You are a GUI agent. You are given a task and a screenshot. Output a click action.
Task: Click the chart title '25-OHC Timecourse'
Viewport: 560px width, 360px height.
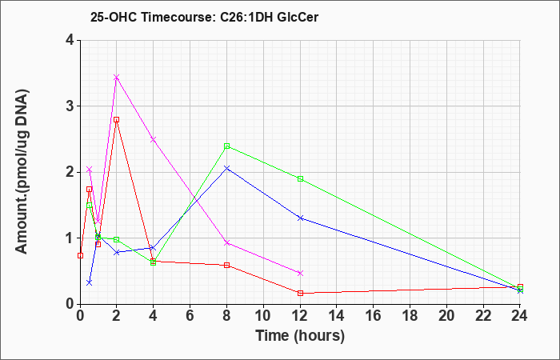tap(150, 17)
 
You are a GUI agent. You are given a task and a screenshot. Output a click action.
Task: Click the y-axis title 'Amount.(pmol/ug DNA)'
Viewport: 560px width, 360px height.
tap(22, 171)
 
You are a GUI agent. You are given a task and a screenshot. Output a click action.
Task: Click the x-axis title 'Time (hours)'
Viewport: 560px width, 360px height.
tap(300, 336)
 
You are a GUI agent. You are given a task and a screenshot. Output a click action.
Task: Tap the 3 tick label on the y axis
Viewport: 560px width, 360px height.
tap(70, 106)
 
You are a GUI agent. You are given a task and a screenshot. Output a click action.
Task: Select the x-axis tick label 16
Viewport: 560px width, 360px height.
tap(374, 315)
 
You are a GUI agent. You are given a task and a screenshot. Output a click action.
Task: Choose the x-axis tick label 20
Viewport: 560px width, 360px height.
tap(446, 315)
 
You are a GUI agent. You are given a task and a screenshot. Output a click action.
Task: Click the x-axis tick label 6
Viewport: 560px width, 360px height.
tap(190, 315)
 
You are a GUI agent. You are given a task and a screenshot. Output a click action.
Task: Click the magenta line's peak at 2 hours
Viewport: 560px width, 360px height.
tap(117, 77)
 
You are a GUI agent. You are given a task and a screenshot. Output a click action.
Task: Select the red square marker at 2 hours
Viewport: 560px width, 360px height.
tap(117, 120)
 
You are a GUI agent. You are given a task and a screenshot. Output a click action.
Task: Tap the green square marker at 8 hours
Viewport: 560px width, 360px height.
tap(226, 146)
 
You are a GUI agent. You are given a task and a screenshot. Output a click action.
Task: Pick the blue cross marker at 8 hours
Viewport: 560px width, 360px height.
tap(226, 167)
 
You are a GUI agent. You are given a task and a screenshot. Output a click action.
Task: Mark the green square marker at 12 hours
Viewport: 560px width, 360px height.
tap(300, 178)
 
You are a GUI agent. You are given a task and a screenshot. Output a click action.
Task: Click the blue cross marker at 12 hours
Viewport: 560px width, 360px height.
tap(300, 218)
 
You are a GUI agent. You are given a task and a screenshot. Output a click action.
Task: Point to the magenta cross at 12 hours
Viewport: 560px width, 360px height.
tap(300, 274)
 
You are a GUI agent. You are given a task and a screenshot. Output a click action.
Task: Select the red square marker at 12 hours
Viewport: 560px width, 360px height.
tap(300, 294)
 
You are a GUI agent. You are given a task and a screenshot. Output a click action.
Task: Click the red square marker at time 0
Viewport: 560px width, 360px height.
tap(80, 255)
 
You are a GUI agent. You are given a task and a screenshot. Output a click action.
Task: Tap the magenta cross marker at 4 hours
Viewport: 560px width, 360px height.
tap(154, 139)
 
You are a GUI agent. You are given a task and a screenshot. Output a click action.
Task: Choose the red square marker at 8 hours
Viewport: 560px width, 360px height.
tap(226, 265)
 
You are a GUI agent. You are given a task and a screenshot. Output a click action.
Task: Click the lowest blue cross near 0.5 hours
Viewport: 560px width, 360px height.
tap(90, 282)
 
